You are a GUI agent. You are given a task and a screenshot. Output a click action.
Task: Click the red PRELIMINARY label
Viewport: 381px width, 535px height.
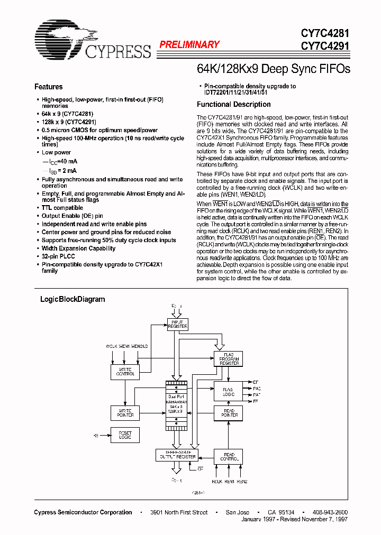coord(189,45)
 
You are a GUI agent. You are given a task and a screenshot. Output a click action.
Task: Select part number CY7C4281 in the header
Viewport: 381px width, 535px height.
coord(325,33)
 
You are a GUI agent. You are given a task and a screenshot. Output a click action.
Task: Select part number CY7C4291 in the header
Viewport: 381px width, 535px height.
coord(325,45)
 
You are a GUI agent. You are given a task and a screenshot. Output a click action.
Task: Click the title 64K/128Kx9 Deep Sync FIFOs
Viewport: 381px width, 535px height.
coord(273,69)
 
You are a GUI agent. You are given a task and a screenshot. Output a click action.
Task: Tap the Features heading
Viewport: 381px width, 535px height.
coord(48,87)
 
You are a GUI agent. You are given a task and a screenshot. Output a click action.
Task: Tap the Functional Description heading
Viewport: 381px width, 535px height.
coord(233,104)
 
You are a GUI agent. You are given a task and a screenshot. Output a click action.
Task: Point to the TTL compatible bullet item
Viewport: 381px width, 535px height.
coord(62,208)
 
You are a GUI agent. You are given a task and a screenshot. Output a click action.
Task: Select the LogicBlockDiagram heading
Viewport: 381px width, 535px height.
coord(72,299)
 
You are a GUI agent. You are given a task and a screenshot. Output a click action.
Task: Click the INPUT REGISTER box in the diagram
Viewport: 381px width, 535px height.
coord(177,324)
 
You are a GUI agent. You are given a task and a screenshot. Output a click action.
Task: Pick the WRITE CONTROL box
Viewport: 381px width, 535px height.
coord(125,372)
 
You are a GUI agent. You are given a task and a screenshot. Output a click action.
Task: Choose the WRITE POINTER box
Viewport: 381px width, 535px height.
coord(125,412)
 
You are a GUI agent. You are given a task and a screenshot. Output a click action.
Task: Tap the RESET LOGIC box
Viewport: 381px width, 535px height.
coord(125,435)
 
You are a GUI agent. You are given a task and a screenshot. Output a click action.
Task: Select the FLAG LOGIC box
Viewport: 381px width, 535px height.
coord(229,391)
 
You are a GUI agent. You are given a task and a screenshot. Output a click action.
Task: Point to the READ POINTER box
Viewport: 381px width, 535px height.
coord(229,412)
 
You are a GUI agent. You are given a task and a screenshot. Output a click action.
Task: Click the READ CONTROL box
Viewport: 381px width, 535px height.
coord(229,456)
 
